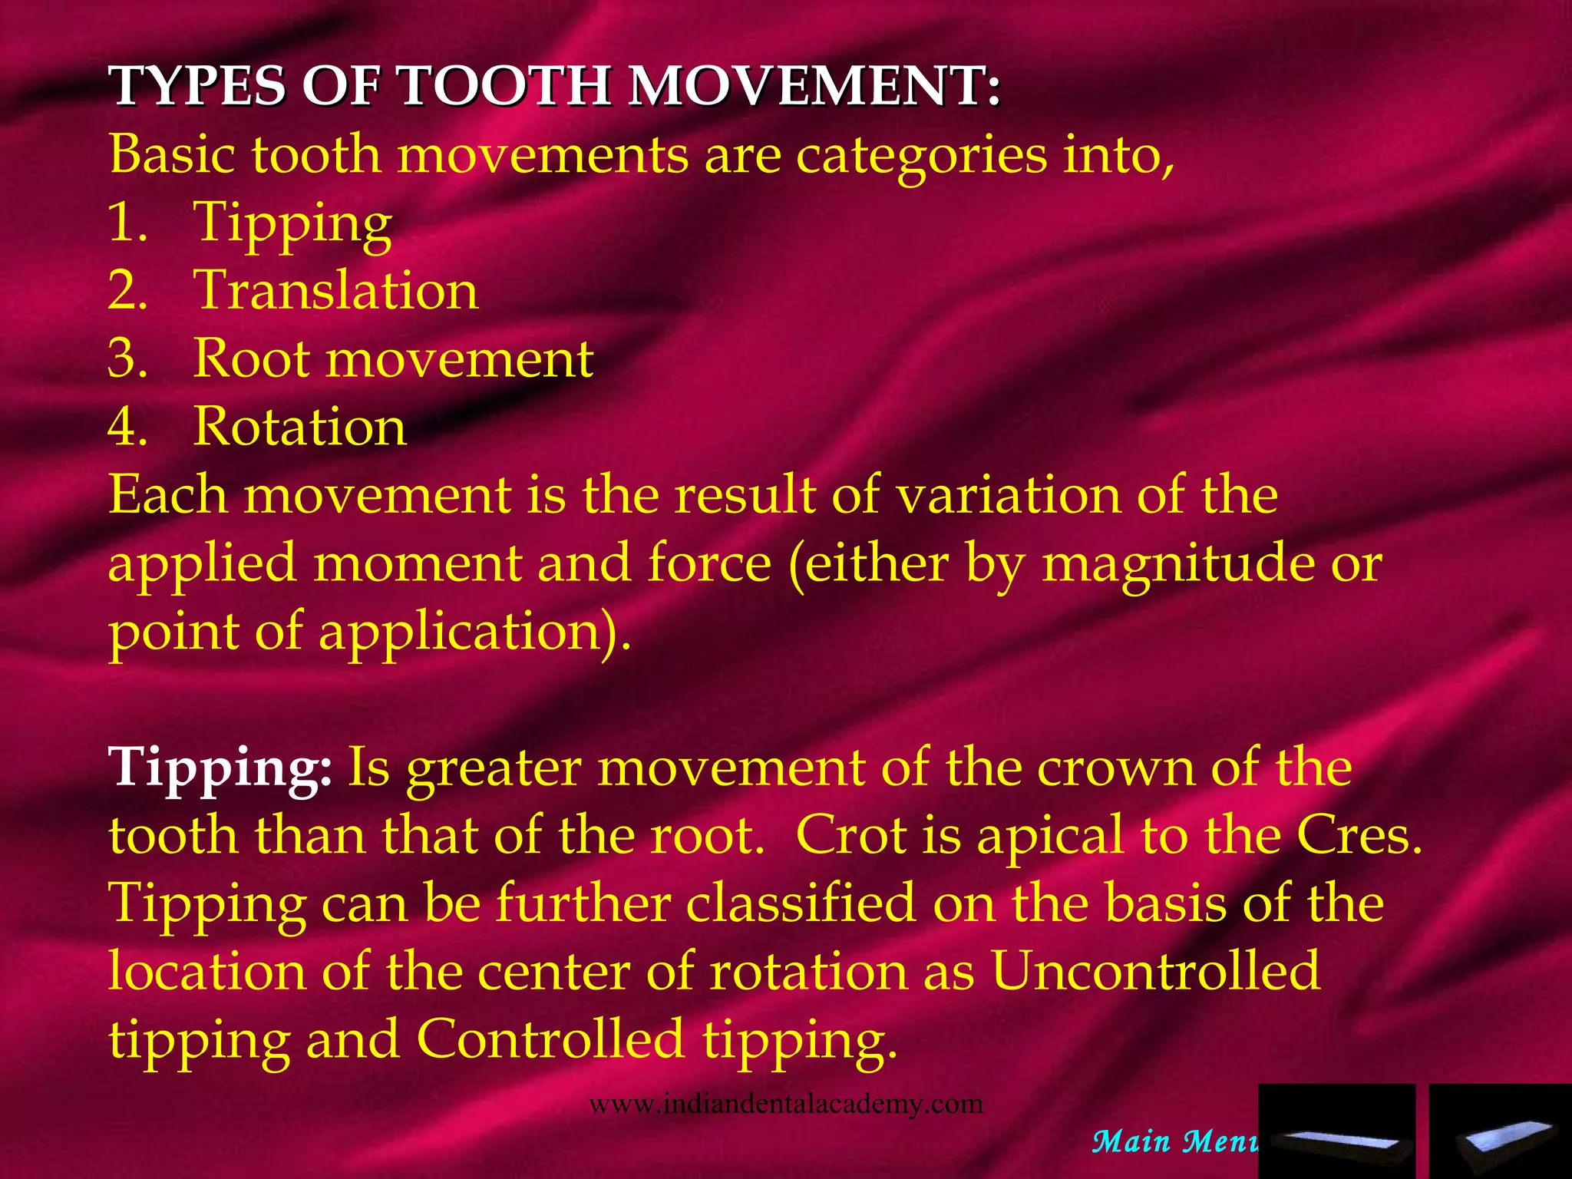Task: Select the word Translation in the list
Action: (x=336, y=290)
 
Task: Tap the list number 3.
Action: (x=127, y=358)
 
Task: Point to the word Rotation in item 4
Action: (x=299, y=427)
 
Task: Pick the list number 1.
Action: (x=127, y=223)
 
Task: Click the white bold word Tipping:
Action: (x=220, y=768)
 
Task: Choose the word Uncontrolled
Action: (x=1155, y=971)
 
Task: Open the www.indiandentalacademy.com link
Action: (x=785, y=1104)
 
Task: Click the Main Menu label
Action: (x=1174, y=1142)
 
